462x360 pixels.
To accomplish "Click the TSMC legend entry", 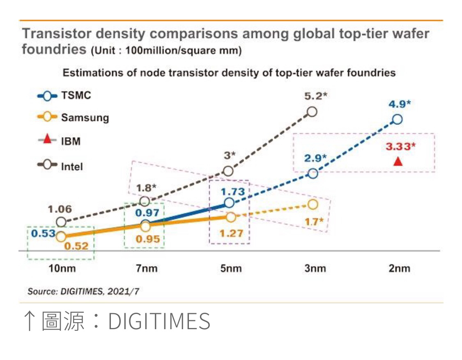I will (64, 96).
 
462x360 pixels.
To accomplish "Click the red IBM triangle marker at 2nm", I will (398, 162).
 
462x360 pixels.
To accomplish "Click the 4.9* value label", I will (400, 104).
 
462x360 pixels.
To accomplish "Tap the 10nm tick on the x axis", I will (60, 269).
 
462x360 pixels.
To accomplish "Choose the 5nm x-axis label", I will (230, 269).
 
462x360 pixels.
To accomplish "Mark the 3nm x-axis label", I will (315, 269).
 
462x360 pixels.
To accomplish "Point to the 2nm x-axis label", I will (400, 269).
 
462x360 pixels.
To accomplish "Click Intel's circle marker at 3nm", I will (312, 112).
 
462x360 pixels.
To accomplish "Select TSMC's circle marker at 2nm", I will (397, 120).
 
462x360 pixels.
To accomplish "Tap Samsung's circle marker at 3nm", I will (313, 204).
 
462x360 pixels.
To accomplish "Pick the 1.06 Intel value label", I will (60, 209).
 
